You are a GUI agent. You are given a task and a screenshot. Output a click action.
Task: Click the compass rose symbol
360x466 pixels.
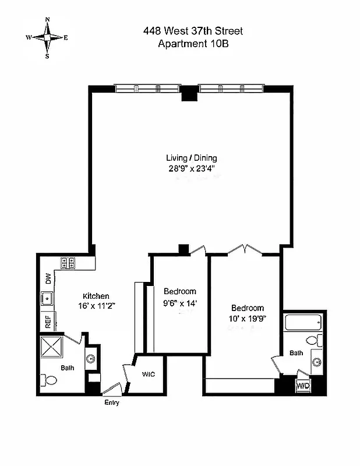tap(47, 37)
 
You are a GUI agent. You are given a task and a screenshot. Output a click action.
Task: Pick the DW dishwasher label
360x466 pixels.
tap(48, 280)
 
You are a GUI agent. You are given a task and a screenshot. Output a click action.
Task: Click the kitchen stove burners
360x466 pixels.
tap(66, 263)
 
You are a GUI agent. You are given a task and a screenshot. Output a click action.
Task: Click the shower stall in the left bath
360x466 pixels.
tap(55, 349)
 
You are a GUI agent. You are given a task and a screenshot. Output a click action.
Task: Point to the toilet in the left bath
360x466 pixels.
tap(49, 381)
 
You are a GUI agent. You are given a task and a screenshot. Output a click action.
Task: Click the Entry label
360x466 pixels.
tap(111, 403)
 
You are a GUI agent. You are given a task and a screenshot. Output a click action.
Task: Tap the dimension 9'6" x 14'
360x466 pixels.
tap(180, 302)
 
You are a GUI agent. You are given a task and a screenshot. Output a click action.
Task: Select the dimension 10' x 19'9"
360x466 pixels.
tap(247, 319)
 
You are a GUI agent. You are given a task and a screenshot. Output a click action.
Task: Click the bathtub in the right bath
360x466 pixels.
tap(303, 322)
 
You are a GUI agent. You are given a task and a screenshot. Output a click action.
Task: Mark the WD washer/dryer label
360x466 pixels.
tap(303, 386)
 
